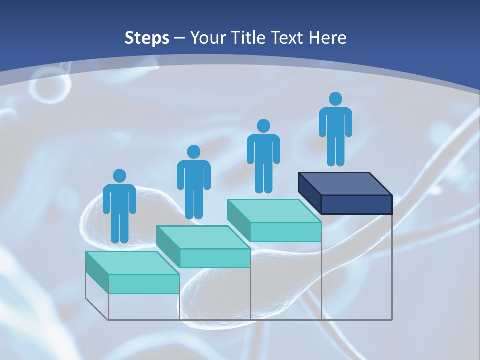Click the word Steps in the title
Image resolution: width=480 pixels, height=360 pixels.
[147, 38]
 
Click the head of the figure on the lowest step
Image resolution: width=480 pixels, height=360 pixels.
[119, 176]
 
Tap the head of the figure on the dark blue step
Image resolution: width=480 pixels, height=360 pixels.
[335, 99]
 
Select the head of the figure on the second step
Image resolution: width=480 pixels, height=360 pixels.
[193, 152]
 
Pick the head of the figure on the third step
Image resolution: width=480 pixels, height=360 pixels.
[263, 126]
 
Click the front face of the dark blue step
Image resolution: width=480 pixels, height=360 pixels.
[356, 204]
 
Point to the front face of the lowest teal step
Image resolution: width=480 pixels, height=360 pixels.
[144, 284]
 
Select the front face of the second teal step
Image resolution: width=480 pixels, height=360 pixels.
[215, 258]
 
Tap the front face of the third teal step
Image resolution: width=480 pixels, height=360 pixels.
[285, 232]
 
